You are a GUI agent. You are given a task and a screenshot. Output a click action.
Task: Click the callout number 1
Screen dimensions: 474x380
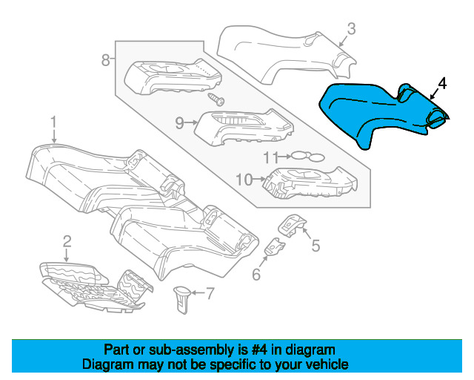(x=53, y=122)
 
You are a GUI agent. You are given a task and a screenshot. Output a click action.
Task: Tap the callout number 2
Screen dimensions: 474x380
(x=67, y=241)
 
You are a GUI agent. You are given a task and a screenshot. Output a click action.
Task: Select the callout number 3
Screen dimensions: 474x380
(x=351, y=29)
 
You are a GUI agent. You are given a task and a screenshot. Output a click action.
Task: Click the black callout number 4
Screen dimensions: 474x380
(x=442, y=84)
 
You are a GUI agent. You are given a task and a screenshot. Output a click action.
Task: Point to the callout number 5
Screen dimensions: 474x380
(x=316, y=246)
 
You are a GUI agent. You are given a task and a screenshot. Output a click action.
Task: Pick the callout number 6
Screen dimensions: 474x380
(x=256, y=275)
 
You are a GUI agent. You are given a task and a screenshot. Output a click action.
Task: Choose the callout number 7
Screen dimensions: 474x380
(x=210, y=293)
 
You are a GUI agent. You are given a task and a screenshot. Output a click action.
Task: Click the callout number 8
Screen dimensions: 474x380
(x=105, y=60)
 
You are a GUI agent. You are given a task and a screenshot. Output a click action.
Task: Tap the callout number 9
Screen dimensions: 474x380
(x=179, y=123)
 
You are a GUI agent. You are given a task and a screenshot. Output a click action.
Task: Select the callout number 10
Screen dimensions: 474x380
(x=244, y=180)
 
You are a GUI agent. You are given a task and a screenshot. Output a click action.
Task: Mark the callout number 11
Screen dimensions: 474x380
(x=270, y=157)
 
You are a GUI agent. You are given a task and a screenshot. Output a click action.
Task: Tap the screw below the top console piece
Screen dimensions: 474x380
(x=216, y=99)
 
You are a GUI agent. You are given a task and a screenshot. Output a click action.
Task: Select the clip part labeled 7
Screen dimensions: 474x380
(x=182, y=299)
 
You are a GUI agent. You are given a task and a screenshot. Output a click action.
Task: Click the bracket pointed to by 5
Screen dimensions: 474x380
(x=292, y=225)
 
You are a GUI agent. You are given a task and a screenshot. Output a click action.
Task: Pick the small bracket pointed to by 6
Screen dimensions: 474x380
(x=275, y=246)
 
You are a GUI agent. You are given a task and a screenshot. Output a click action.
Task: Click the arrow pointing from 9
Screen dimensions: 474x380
(x=191, y=122)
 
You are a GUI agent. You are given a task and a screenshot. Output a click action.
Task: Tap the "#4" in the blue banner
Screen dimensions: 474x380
(x=259, y=350)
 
